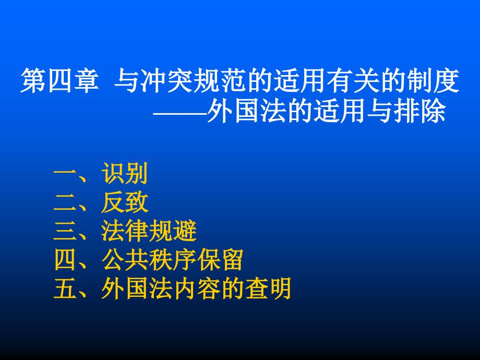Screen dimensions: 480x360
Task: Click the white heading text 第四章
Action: (x=60, y=80)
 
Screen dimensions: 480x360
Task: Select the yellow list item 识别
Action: (x=125, y=173)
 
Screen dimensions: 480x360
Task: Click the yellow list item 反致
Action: (x=125, y=202)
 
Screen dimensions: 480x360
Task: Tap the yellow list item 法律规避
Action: (x=149, y=231)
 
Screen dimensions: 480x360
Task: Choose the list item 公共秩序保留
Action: (x=173, y=260)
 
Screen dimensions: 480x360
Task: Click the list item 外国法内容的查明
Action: (x=196, y=289)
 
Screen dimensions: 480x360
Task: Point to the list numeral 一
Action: (x=65, y=173)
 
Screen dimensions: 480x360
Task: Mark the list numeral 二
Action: (x=65, y=202)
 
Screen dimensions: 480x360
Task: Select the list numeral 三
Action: (x=65, y=231)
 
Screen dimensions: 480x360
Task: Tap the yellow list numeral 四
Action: (x=65, y=260)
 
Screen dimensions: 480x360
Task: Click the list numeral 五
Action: (x=65, y=289)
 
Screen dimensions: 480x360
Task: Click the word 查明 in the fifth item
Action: (x=268, y=289)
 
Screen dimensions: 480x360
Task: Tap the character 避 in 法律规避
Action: (x=185, y=231)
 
